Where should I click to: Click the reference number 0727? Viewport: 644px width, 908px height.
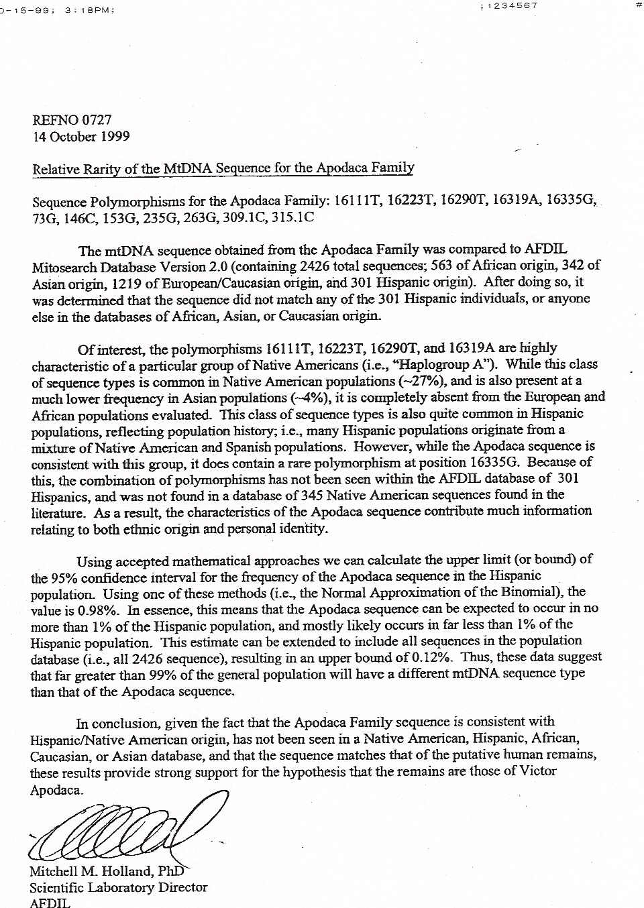coord(97,120)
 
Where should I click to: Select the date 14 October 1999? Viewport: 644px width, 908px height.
coord(81,137)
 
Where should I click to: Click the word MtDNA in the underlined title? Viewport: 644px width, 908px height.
coord(188,168)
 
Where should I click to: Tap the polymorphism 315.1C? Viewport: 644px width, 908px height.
coord(292,217)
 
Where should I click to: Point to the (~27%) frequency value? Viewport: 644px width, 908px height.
coord(422,381)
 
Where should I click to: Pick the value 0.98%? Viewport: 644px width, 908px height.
coord(99,610)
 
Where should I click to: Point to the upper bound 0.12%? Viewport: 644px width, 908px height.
coord(430,657)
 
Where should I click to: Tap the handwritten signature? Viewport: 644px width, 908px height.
coord(127,828)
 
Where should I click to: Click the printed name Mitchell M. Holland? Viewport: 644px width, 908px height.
coord(91,871)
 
